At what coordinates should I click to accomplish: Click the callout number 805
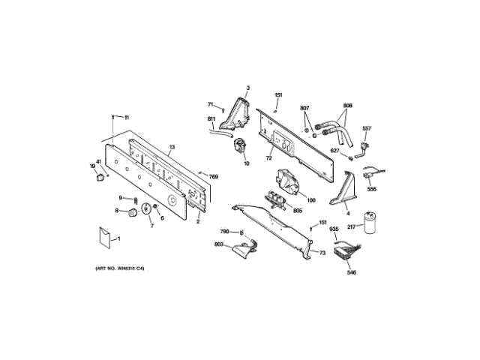(297, 211)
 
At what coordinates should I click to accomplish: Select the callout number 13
(172, 147)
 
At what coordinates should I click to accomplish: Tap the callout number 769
(214, 175)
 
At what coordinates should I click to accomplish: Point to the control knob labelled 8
(133, 212)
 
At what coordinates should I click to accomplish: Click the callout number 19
(93, 166)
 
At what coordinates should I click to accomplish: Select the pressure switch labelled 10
(241, 148)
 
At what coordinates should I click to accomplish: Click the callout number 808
(347, 105)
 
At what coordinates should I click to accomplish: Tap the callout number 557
(367, 127)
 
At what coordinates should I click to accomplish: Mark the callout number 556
(372, 189)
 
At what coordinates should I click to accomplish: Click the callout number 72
(268, 159)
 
